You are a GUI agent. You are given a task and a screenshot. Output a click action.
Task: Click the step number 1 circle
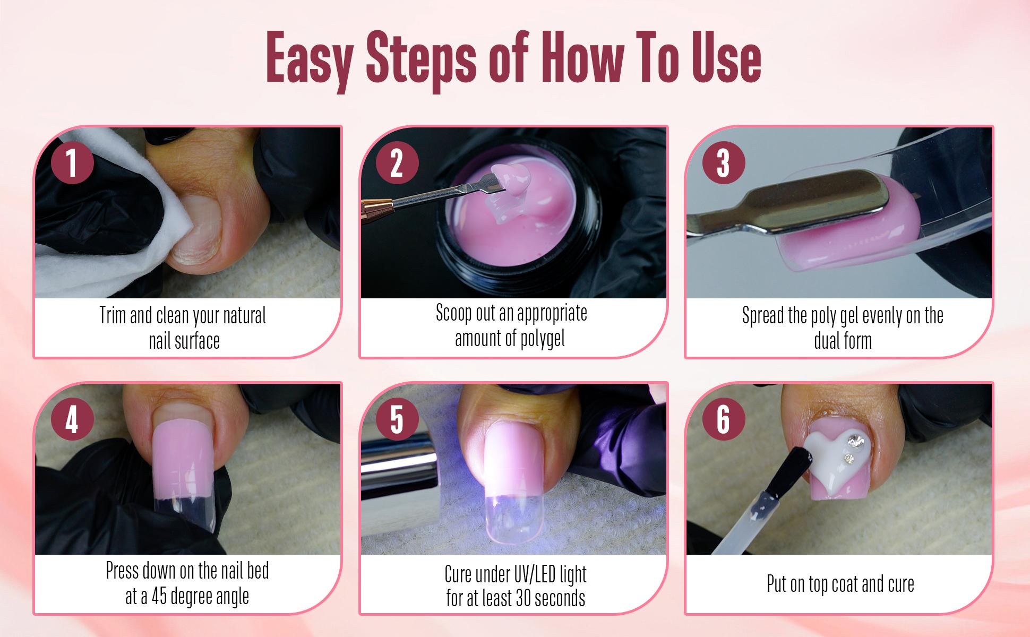pos(72,163)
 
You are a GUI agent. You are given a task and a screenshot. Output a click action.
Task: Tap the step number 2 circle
pos(397,163)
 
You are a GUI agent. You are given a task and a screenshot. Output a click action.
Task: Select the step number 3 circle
pos(723,163)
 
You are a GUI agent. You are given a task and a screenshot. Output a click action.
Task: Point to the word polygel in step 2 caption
pos(537,338)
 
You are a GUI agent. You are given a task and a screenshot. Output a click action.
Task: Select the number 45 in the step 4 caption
pos(161,596)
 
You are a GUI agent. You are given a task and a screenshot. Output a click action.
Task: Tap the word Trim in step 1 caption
pos(113,315)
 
